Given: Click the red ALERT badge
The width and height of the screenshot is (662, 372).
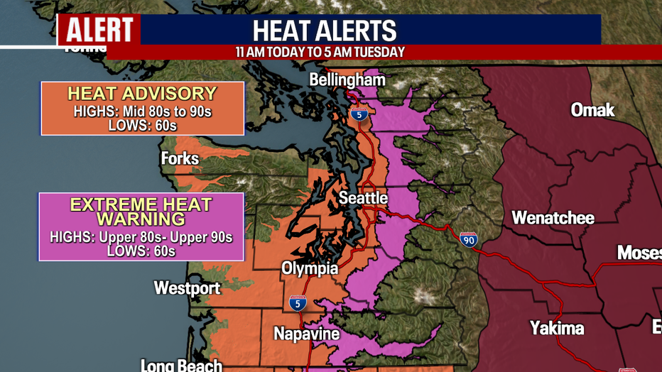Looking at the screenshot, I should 99,30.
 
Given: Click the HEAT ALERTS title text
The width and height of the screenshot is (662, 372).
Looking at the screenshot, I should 325,31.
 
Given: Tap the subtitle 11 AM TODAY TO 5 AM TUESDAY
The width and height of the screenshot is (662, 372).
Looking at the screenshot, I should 320,53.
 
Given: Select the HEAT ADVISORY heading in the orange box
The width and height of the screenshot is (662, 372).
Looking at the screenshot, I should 142,94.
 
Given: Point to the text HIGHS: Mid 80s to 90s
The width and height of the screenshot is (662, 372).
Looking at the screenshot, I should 142,111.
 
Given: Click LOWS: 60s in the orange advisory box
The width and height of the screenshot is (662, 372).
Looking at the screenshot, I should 142,125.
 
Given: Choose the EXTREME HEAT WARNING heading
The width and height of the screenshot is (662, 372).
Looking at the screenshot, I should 141,212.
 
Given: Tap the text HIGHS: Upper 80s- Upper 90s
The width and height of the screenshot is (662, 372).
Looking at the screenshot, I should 141,237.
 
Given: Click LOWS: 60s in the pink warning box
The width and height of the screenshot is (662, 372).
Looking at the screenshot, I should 141,251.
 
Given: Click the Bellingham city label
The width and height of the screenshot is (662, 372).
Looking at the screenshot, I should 347,80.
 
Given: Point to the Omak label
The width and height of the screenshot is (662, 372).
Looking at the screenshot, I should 592,110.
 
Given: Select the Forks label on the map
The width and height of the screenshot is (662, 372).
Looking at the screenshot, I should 180,158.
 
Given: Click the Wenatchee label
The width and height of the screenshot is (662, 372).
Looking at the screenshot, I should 553,217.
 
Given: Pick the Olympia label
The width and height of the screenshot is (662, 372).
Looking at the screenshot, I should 309,268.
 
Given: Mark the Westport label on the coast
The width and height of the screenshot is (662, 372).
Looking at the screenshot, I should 188,288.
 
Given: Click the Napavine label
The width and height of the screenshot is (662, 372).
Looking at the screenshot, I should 307,333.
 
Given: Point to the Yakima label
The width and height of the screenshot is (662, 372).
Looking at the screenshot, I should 557,327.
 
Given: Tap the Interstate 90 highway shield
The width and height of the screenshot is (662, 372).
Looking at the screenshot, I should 468,239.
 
